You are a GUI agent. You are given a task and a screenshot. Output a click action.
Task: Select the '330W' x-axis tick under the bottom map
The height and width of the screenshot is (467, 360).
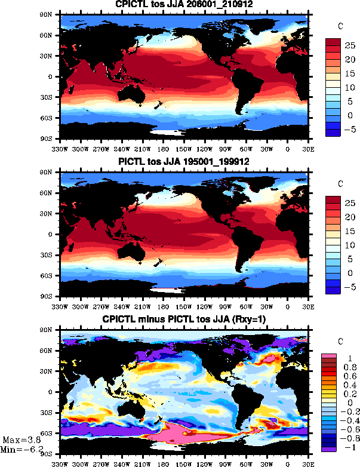[61, 462]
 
